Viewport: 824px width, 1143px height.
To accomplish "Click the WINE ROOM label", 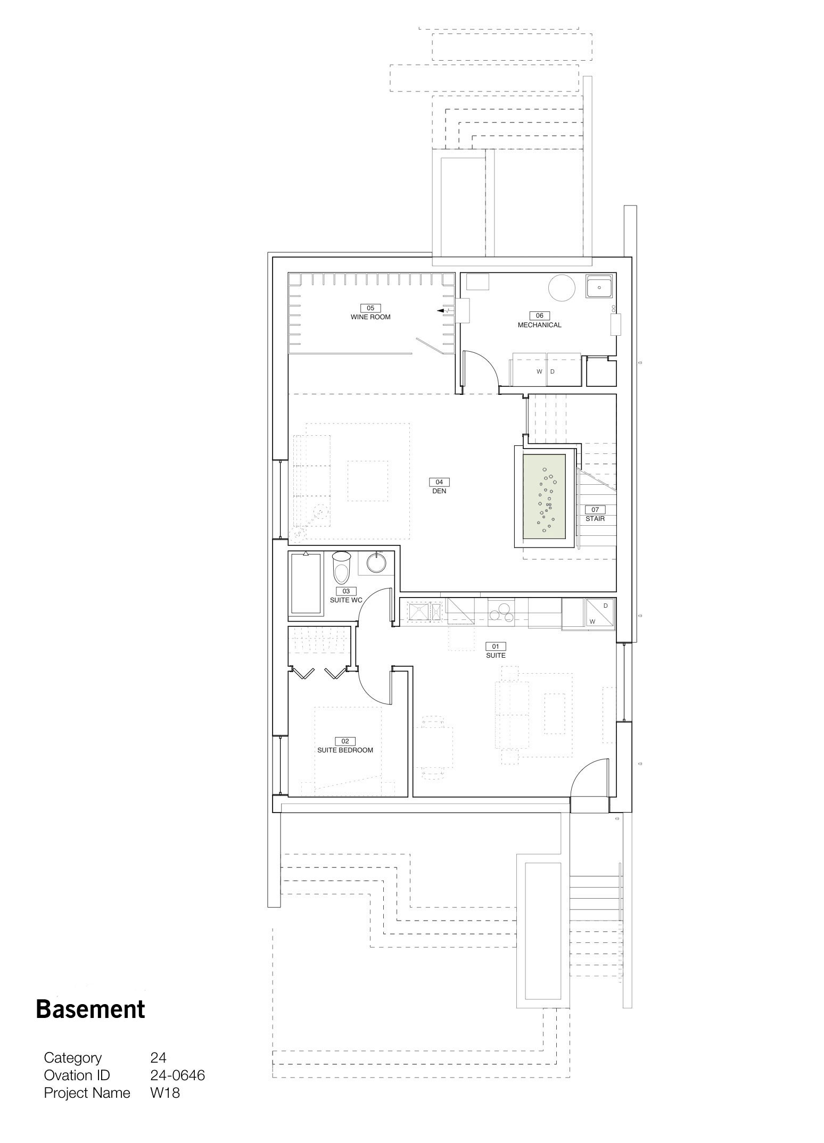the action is pos(370,317).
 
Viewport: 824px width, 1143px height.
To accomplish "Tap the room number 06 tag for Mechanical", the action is pos(540,316).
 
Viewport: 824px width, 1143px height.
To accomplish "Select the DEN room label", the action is pos(439,491).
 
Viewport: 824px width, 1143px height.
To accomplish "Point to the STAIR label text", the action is pos(595,519).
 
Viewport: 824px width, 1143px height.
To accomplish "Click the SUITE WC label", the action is pos(346,600).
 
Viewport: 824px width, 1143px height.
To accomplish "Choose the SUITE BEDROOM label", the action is pos(345,750).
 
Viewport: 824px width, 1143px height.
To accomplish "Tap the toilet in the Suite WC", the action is pos(342,567).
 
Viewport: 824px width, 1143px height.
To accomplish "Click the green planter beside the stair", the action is pos(544,495).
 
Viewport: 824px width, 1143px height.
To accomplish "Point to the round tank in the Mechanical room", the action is pos(562,288).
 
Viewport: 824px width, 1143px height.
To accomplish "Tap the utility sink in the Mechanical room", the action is pos(599,286).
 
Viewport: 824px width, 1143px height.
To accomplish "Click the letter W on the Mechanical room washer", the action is pos(539,371).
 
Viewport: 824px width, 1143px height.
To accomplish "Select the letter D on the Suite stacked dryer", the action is pos(606,606).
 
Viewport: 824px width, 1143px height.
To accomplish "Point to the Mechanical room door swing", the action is pos(482,370).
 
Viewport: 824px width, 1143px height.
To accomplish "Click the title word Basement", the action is pos(90,1009).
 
